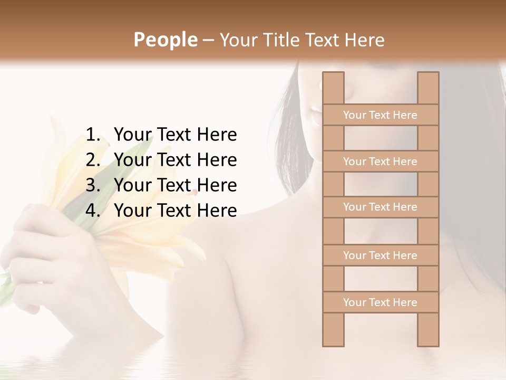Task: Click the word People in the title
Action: pyautogui.click(x=165, y=40)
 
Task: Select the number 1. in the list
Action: pyautogui.click(x=93, y=135)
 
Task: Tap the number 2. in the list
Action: pyautogui.click(x=93, y=160)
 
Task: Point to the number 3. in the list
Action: pyautogui.click(x=93, y=185)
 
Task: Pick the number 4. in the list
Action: pyautogui.click(x=93, y=211)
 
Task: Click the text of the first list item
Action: pyautogui.click(x=175, y=135)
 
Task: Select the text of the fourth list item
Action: pyautogui.click(x=175, y=211)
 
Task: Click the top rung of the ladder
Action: pyautogui.click(x=380, y=115)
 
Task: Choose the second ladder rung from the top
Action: pyautogui.click(x=380, y=161)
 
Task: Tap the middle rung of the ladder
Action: pyautogui.click(x=380, y=207)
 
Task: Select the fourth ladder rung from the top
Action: pyautogui.click(x=380, y=255)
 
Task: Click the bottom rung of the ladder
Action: pyautogui.click(x=380, y=302)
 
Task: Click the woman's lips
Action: pyautogui.click(x=315, y=113)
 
